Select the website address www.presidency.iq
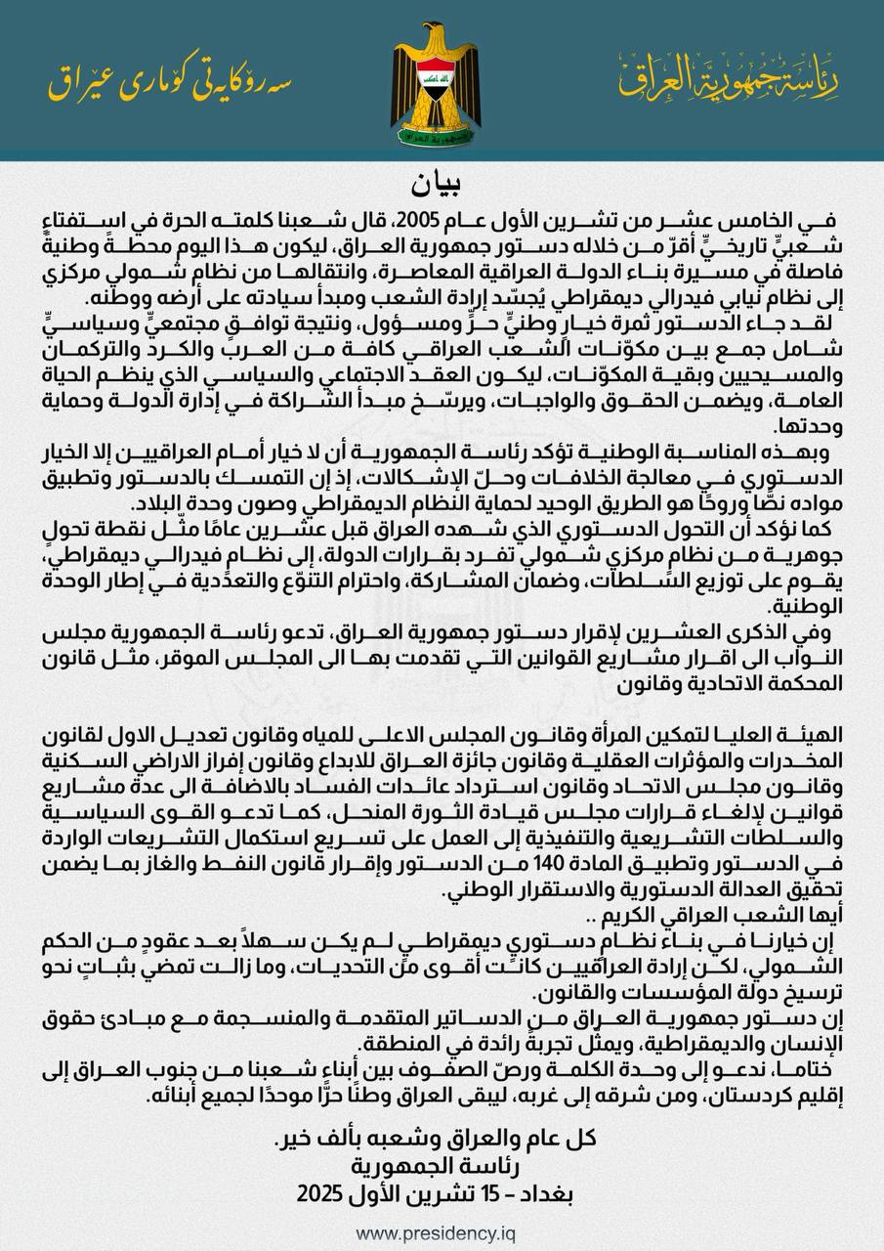coord(435,1233)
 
